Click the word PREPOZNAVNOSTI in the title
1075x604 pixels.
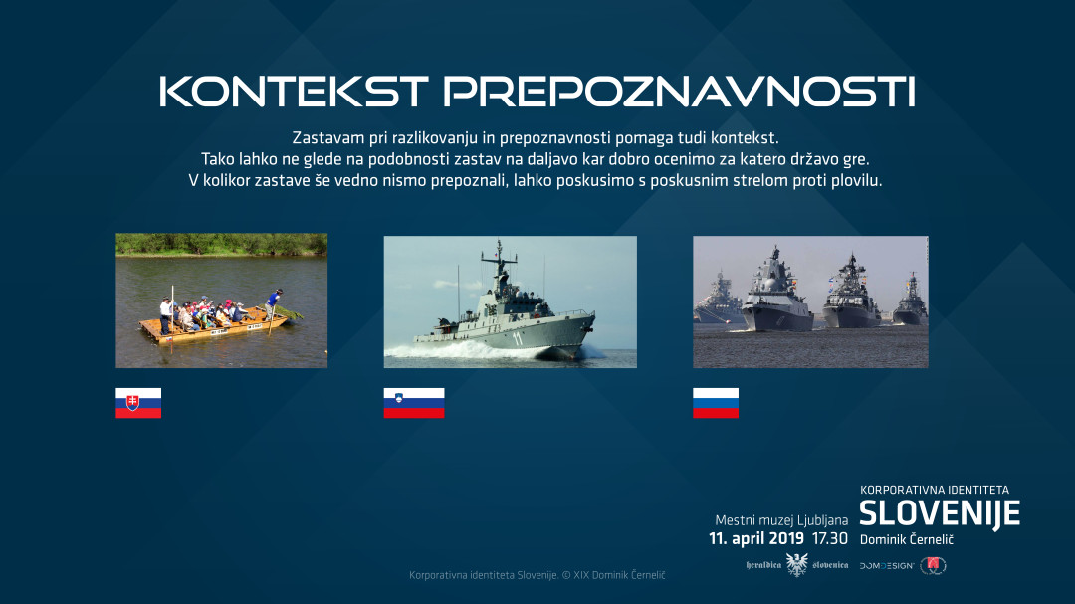(679, 92)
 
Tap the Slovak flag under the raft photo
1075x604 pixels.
(138, 403)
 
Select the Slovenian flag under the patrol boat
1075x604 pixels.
(414, 403)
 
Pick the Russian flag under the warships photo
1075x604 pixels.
(716, 403)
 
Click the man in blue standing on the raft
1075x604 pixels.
(276, 300)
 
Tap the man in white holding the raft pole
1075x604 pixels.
(165, 312)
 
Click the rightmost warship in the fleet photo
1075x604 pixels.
(909, 302)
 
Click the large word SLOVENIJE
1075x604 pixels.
(939, 514)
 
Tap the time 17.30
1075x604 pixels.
(829, 539)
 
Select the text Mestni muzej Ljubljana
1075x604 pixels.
(781, 520)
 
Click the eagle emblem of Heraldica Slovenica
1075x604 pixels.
(796, 565)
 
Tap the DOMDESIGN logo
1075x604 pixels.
(887, 565)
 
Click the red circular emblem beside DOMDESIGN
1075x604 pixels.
(933, 565)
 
